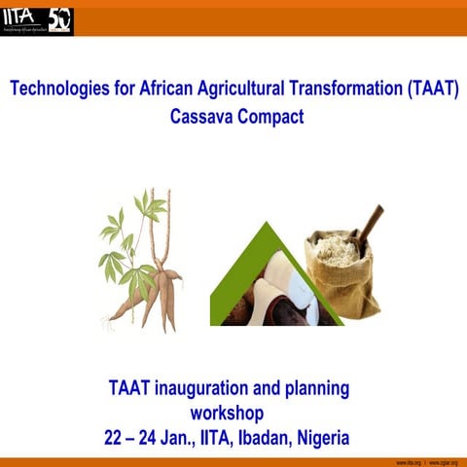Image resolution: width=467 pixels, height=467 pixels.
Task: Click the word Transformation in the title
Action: click(x=338, y=90)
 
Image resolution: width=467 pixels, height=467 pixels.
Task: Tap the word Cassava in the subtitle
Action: click(x=202, y=117)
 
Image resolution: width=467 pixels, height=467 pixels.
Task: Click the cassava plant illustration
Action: click(x=142, y=258)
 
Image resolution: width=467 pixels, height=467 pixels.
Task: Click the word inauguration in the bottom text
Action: click(x=217, y=389)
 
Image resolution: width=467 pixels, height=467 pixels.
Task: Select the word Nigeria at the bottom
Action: click(x=318, y=438)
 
